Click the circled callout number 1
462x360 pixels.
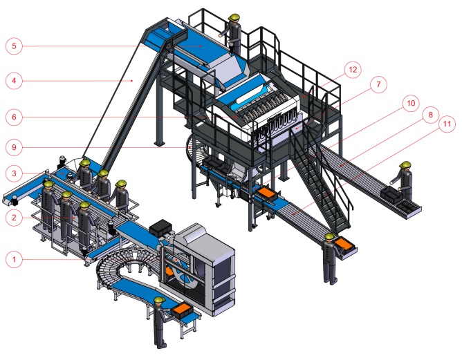[x=14, y=260]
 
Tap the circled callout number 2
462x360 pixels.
[x=14, y=218]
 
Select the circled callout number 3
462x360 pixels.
[x=14, y=173]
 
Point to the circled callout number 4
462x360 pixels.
[x=14, y=81]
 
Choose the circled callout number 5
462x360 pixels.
[x=14, y=46]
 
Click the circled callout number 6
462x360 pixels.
[x=14, y=117]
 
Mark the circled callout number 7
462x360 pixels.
[x=378, y=85]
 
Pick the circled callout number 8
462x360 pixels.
[x=430, y=115]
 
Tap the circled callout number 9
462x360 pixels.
[x=14, y=147]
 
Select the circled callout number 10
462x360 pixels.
[x=411, y=104]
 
